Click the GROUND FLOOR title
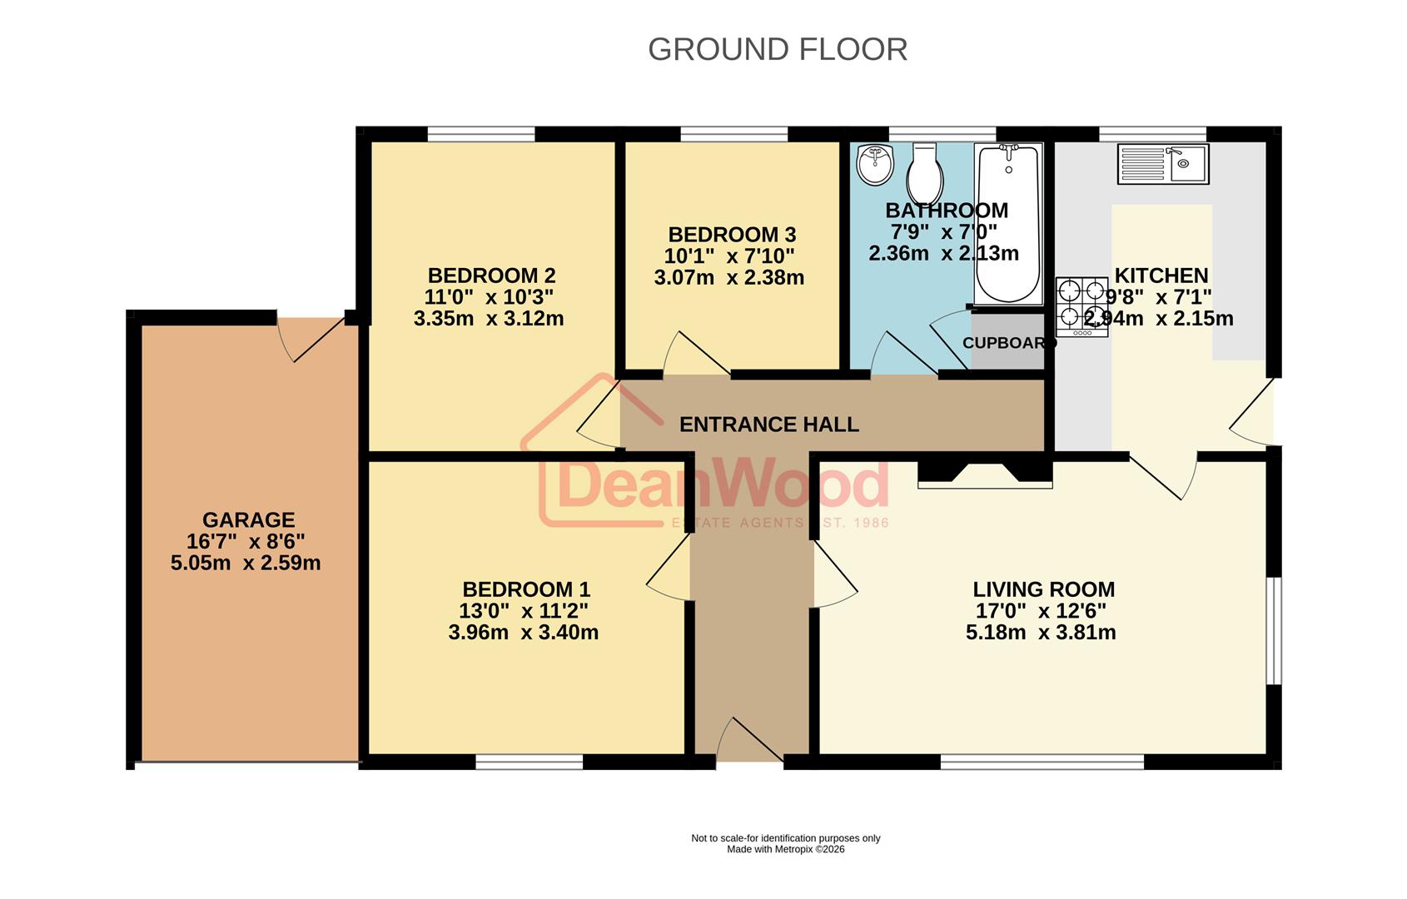[777, 50]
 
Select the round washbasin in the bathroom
[874, 164]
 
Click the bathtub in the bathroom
[1008, 223]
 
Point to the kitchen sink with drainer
[1162, 163]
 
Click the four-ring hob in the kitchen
[1081, 306]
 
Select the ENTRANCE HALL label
[768, 425]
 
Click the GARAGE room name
[248, 519]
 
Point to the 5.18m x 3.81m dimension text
[1041, 633]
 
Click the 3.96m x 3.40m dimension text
[523, 633]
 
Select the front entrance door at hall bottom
[748, 740]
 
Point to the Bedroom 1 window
[529, 761]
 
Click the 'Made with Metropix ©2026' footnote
[785, 850]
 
